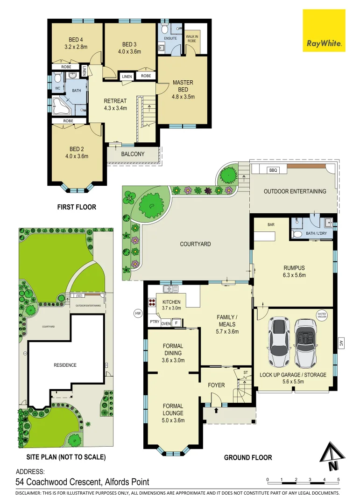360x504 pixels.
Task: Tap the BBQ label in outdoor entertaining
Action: click(x=273, y=170)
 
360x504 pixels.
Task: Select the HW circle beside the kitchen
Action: click(x=137, y=313)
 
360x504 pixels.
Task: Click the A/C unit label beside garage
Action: click(x=341, y=343)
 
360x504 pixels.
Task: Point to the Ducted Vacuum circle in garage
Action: click(x=321, y=315)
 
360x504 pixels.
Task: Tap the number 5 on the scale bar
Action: click(x=338, y=480)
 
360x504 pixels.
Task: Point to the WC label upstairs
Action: click(x=57, y=88)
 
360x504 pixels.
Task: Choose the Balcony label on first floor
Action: click(x=133, y=154)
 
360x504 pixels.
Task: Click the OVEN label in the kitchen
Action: click(x=166, y=323)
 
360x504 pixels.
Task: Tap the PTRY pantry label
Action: click(x=154, y=322)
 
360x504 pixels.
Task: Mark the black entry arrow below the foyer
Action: click(x=216, y=411)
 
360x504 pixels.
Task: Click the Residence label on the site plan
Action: click(x=65, y=365)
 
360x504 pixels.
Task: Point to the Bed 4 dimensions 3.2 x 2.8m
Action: click(x=76, y=47)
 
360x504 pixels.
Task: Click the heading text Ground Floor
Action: click(x=248, y=457)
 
